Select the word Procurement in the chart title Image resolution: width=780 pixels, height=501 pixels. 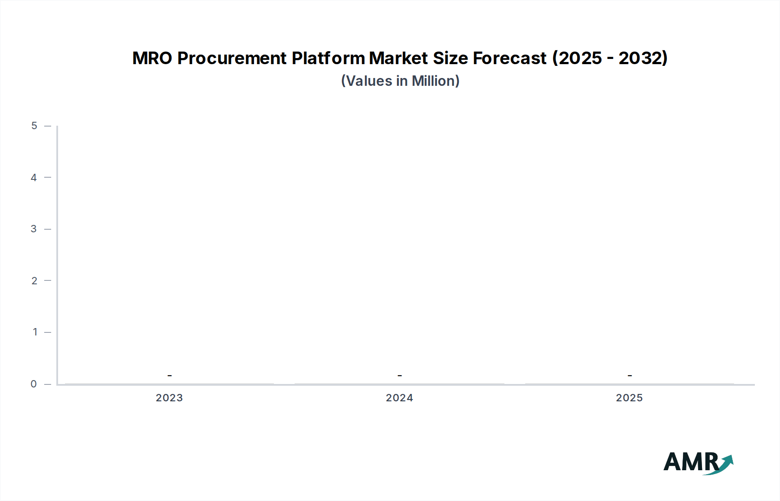coord(232,58)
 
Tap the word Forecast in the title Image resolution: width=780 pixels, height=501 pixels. coord(510,58)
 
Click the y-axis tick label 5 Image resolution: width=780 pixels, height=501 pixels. coord(34,126)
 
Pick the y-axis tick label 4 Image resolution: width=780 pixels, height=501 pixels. coord(34,177)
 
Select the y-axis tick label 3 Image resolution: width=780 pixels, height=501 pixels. coord(34,229)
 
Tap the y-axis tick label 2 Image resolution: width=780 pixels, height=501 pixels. coord(34,280)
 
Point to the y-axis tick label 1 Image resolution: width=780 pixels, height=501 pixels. coord(35,332)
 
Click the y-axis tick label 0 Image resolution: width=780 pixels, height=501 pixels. coord(34,384)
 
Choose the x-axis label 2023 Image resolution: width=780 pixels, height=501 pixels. coord(169,398)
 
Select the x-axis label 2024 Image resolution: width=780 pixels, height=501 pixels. coord(400,398)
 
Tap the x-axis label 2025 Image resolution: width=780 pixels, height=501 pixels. coord(629,398)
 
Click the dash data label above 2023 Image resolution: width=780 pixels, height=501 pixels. coord(169,375)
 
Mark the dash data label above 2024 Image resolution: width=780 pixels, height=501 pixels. coord(400,375)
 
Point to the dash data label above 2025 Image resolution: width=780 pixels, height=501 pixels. coord(630,375)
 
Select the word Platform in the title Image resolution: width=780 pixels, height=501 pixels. coord(328,58)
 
